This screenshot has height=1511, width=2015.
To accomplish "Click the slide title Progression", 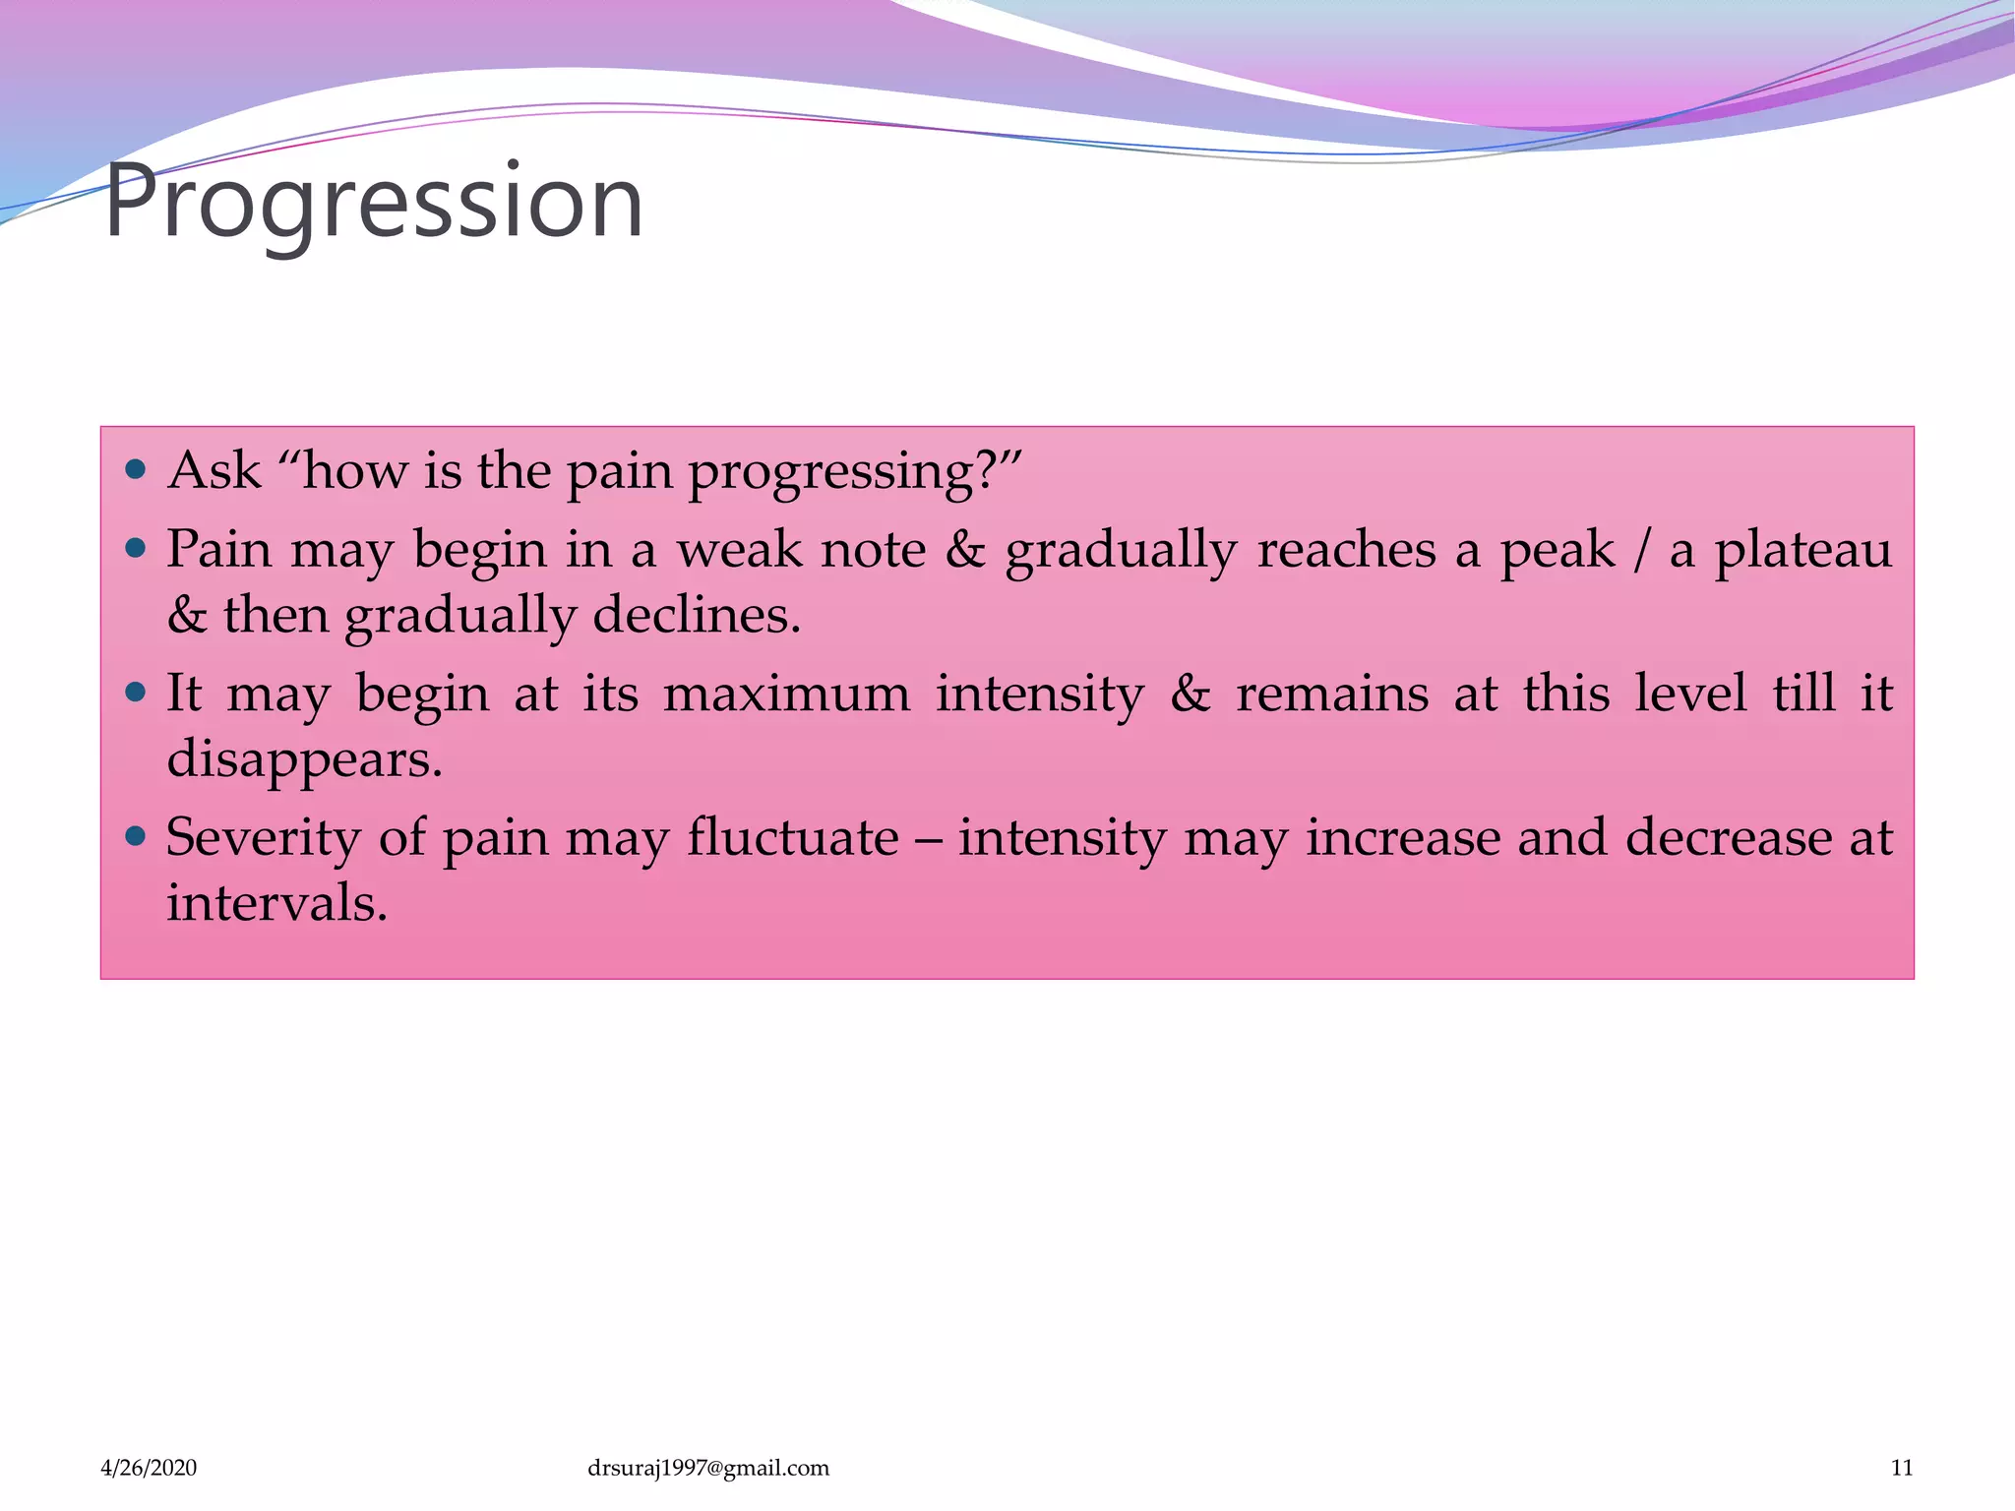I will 374,202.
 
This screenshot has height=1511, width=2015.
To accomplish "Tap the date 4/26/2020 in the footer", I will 149,1468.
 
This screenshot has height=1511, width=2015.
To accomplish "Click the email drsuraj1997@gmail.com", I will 707,1468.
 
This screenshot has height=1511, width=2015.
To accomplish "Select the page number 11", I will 1902,1468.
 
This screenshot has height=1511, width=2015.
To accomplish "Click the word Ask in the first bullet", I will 214,470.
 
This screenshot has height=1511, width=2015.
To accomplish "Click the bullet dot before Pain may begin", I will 137,548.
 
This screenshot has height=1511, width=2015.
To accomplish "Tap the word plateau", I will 1803,551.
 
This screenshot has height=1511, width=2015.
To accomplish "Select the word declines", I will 697,616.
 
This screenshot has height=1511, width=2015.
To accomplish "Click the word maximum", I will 786,694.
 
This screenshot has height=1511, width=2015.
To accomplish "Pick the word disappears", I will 304,760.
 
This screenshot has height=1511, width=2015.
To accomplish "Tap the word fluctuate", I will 792,838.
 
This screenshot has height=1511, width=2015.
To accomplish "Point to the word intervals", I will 276,903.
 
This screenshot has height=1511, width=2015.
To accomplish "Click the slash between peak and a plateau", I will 1640,549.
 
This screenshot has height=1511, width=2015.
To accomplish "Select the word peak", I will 1557,551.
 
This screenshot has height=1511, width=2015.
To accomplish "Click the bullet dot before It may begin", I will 137,693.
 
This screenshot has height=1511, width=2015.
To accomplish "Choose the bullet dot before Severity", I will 137,837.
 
